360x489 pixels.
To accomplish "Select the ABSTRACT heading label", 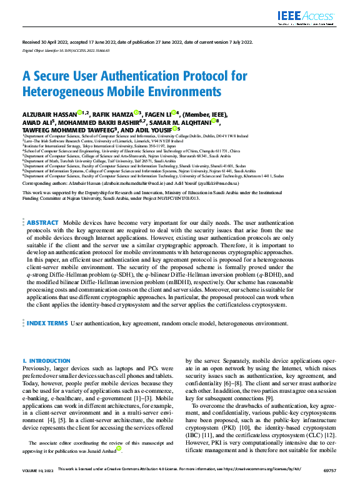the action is (42, 222).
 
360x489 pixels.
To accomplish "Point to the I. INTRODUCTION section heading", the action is (42, 361).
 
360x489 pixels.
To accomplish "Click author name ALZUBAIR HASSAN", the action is (50, 114).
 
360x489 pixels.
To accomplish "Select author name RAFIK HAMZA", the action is (113, 114).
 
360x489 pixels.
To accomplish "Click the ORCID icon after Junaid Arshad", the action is (119, 448).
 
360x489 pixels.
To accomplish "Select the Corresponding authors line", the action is (129, 184).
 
